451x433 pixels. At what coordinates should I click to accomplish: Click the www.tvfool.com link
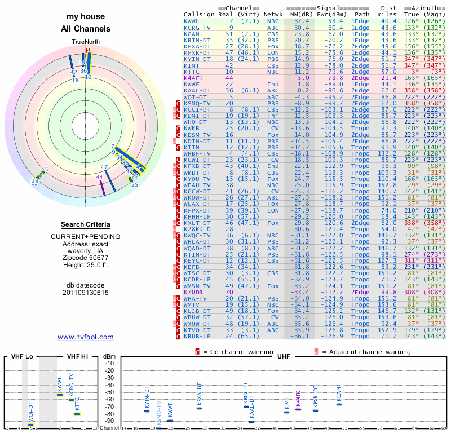tap(86, 337)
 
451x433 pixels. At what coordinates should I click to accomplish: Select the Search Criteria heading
tap(86, 224)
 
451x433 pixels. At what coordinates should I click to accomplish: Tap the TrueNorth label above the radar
tap(86, 42)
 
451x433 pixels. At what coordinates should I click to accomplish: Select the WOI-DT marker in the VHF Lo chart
tap(31, 425)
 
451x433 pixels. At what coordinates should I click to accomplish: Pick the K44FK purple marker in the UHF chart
tap(298, 409)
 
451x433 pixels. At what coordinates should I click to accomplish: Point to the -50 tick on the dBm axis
tap(109, 392)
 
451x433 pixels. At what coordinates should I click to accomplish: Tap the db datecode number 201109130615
tap(86, 293)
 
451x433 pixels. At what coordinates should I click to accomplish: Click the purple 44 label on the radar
tap(99, 177)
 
